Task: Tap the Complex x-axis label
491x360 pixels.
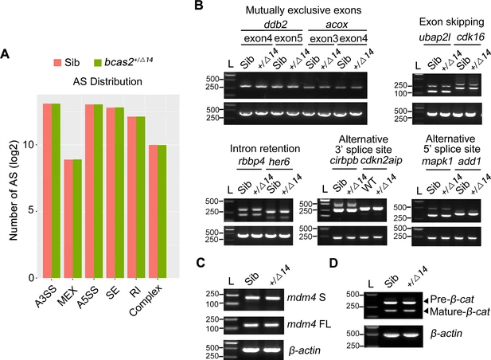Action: click(x=163, y=306)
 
